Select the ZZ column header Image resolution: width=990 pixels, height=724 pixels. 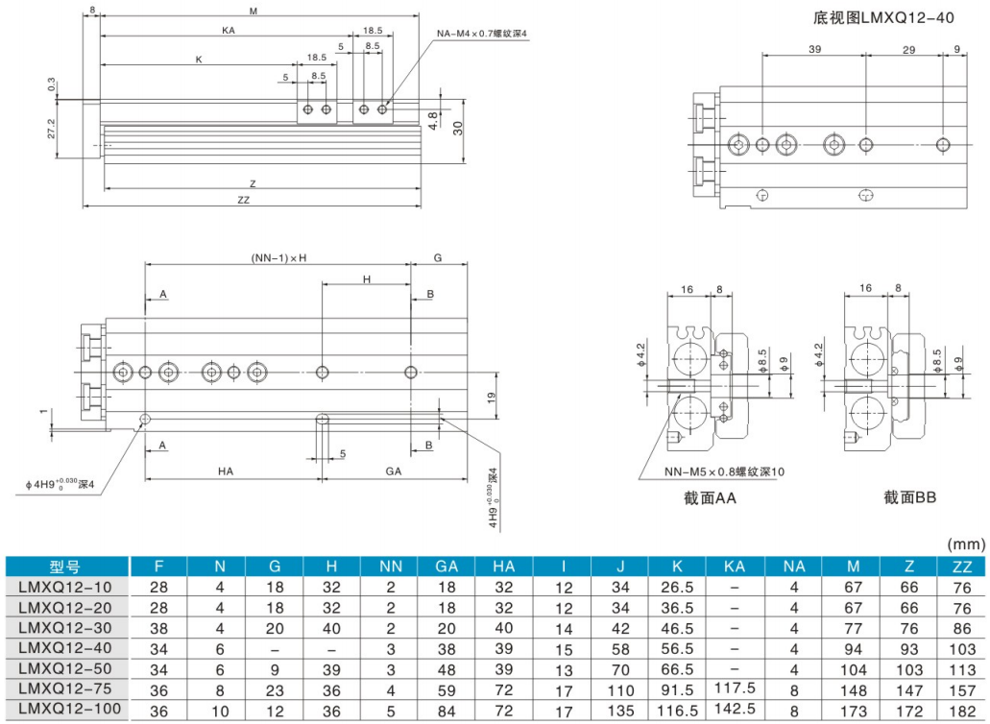coord(960,567)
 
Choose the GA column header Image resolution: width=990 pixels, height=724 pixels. coord(447,567)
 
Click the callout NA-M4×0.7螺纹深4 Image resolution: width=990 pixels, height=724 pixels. coord(482,34)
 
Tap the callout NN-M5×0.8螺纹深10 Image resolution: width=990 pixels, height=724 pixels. coord(723,471)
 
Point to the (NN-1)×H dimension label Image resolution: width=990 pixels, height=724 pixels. coord(279,258)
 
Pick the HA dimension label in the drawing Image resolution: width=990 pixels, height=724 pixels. coord(227,471)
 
